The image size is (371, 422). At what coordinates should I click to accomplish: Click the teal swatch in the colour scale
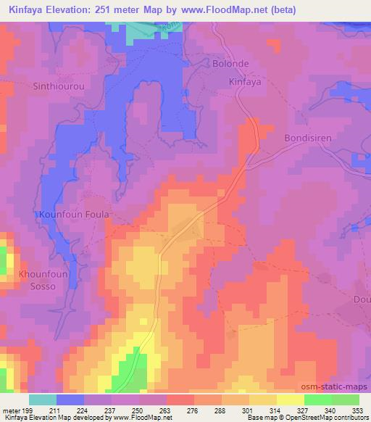43,400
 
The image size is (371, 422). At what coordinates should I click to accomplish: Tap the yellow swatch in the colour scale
291,400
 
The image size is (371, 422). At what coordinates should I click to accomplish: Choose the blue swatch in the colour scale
70,400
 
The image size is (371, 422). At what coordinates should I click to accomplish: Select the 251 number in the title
124,10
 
